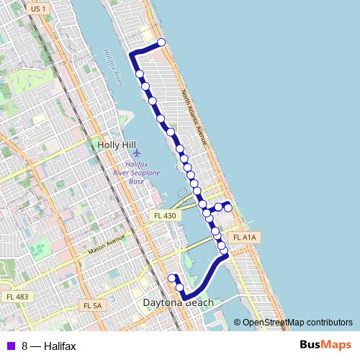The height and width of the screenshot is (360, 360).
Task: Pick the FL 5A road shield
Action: coord(93,305)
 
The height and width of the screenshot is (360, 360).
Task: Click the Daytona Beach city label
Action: coord(179,303)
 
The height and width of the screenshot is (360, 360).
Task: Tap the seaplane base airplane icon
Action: coord(138,153)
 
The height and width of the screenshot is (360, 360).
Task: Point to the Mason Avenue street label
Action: coord(107,245)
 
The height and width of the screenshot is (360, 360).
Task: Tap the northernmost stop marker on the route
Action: coord(161,42)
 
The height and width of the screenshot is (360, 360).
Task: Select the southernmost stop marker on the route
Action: coord(179,287)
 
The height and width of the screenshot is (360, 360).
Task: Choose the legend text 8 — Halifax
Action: coord(48,346)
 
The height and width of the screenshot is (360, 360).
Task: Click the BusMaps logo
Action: coord(325,345)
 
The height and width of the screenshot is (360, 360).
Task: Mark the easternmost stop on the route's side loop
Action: coord(228,208)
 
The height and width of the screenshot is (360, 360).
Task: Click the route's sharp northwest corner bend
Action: coord(130,54)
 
